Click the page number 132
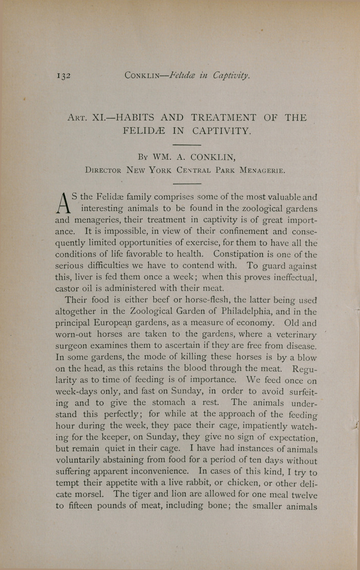tap(64, 76)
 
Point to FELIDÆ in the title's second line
tap(146, 132)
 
